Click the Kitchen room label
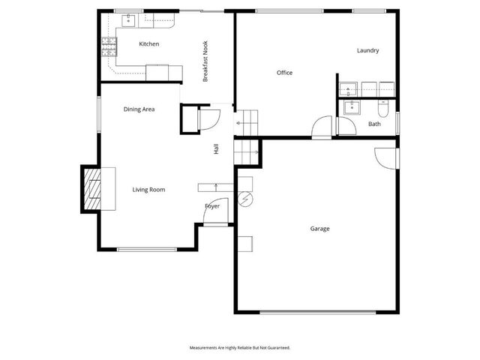149,44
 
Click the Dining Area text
139,109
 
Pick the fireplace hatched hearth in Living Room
93,189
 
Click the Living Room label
148,190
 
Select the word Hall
216,149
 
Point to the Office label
284,73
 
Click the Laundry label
367,51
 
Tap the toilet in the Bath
382,109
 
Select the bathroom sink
350,107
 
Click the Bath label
373,124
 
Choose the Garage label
320,229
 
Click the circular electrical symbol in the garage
245,199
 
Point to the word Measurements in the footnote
203,348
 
